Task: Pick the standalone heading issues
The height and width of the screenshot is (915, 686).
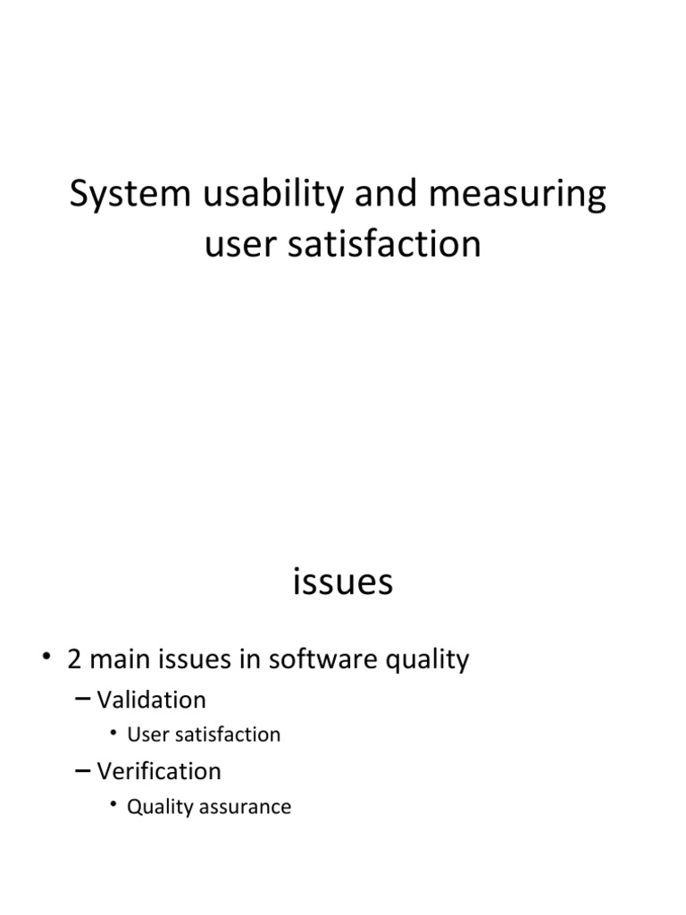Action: [x=342, y=582]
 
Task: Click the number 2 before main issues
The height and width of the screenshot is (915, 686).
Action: [x=75, y=660]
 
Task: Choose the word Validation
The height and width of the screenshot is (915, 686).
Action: [x=151, y=700]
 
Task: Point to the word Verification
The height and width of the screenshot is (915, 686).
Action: [x=158, y=771]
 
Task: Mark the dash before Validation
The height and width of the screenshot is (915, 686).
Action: [x=82, y=700]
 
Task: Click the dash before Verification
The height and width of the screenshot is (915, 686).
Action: [x=82, y=771]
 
